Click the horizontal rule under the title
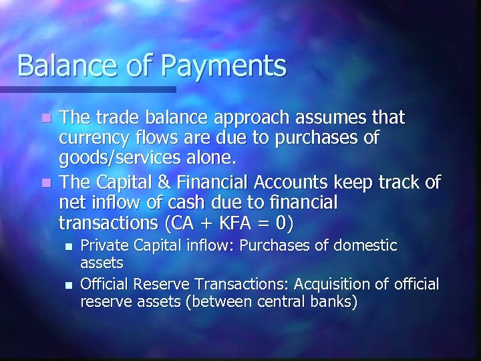(88, 89)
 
